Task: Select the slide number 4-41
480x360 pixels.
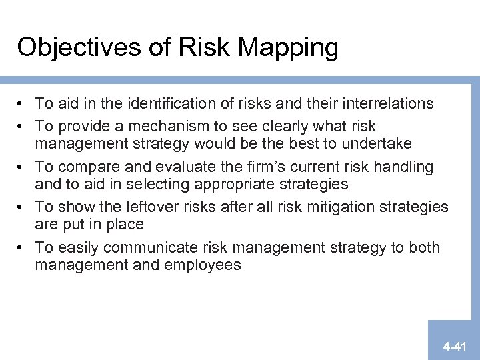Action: [x=457, y=346]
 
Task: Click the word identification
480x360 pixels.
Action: [x=177, y=103]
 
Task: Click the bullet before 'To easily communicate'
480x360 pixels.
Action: [x=23, y=248]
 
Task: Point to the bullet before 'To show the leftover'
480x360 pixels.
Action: [x=23, y=207]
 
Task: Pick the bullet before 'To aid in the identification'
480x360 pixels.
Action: [x=23, y=104]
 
